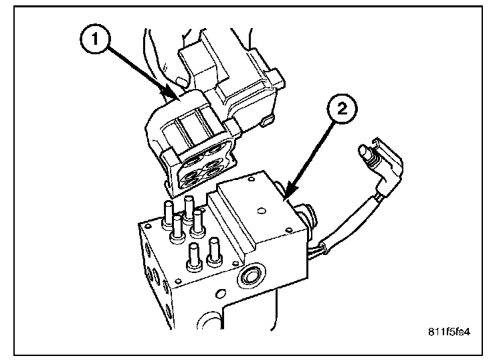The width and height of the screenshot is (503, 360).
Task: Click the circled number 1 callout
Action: (x=94, y=39)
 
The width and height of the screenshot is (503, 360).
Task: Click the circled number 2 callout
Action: (x=342, y=108)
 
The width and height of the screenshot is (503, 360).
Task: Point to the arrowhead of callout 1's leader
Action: (x=172, y=94)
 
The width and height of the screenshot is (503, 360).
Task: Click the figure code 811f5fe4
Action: (x=449, y=331)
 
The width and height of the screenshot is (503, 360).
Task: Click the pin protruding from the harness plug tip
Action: (x=365, y=153)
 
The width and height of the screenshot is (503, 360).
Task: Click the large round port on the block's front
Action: (x=252, y=275)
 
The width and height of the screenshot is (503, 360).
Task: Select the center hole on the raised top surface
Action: (x=262, y=211)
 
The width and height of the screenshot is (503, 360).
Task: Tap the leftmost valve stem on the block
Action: (x=168, y=215)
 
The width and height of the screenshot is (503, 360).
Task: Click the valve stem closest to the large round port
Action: (x=214, y=252)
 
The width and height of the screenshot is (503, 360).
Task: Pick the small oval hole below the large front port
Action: (x=220, y=294)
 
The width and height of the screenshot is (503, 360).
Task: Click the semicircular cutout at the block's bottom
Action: (x=209, y=321)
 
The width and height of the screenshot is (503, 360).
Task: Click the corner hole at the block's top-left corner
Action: (x=148, y=227)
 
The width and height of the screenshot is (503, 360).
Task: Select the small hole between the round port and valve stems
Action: (x=236, y=264)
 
